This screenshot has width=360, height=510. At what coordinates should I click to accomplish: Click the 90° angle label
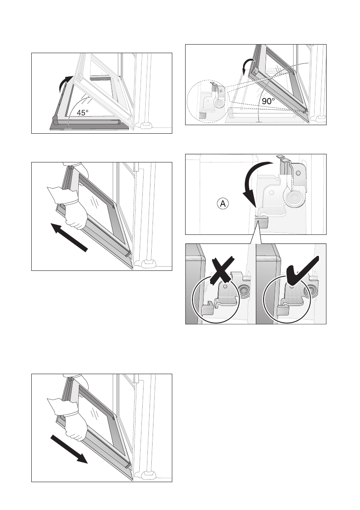coord(269,102)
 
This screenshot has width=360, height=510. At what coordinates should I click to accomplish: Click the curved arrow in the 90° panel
coord(246,67)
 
